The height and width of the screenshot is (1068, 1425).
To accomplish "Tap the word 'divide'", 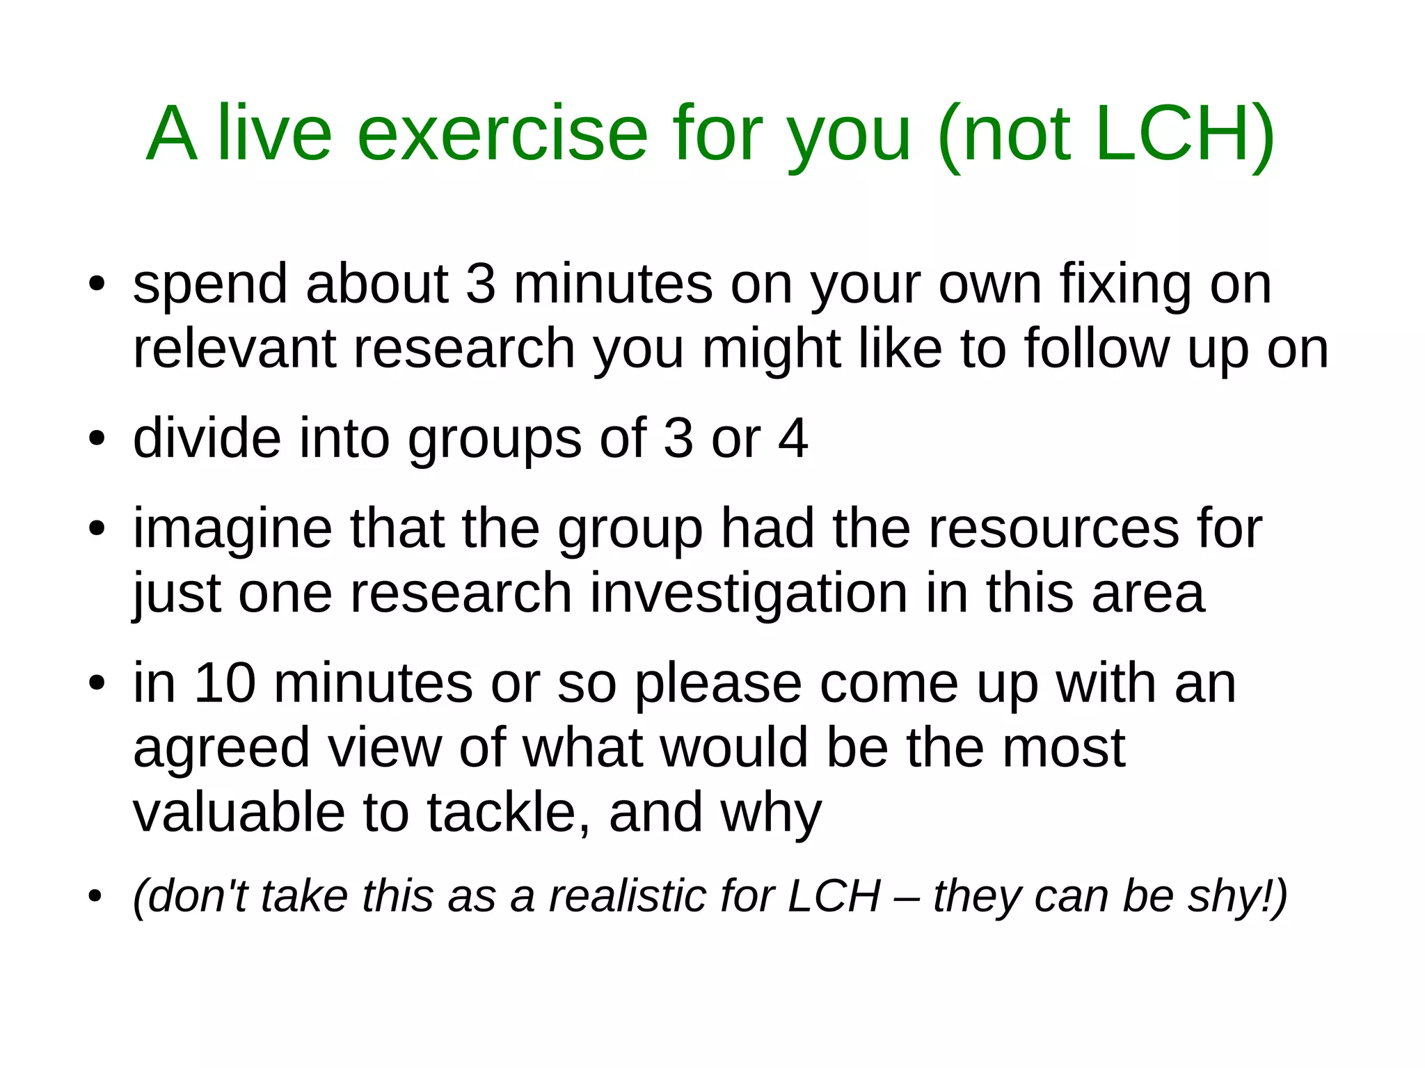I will (x=207, y=438).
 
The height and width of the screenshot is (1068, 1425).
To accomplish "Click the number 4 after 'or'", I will (x=793, y=438).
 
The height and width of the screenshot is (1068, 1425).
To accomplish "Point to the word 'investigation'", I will (x=749, y=593).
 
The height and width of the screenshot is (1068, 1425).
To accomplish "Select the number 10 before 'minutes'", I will (x=225, y=683).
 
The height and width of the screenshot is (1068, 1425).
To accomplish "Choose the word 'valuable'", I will (x=239, y=813).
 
